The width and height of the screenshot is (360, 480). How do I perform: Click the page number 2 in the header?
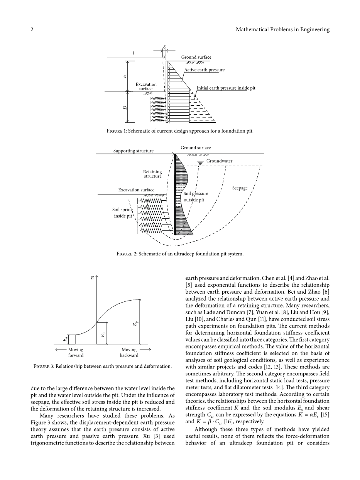pos(32,30)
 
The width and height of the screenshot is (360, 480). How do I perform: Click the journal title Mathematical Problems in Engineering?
pos(282,30)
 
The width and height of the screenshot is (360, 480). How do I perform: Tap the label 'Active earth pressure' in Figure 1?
pos(204,70)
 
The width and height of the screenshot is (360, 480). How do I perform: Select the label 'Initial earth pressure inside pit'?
pos(226,88)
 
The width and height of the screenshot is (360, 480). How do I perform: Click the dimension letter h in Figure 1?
pos(125,76)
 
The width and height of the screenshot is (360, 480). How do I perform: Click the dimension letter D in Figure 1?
pos(125,107)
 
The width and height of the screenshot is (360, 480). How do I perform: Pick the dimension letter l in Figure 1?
pos(134,53)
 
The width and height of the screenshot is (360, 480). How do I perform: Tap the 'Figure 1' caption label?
pos(117,131)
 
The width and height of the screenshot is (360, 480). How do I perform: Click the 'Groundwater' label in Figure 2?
pos(219,161)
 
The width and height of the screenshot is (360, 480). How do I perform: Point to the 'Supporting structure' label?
pos(133,151)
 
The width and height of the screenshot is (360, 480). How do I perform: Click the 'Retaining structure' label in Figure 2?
pos(152,174)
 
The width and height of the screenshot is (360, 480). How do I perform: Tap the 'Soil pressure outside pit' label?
pos(196,197)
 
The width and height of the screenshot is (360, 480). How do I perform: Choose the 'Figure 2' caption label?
pos(127,254)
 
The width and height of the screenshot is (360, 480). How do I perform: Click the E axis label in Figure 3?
pos(92,277)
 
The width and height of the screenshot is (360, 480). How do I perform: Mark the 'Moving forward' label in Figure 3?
pos(76,352)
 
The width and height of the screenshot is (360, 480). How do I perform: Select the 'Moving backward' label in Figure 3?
pos(129,352)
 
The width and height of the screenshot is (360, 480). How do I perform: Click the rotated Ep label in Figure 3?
pos(135,324)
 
